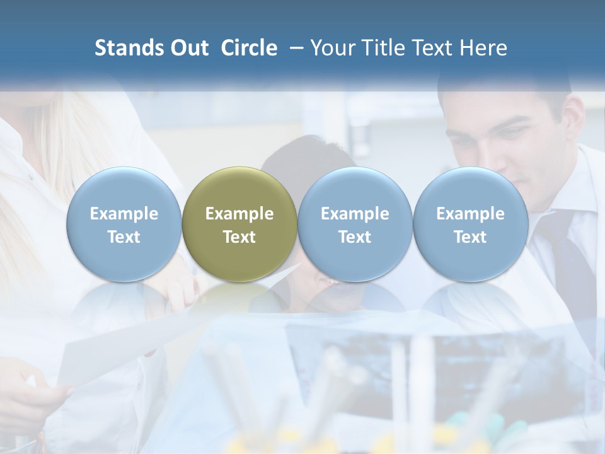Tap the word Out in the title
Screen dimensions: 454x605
pyautogui.click(x=188, y=48)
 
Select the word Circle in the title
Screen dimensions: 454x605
pyautogui.click(x=249, y=48)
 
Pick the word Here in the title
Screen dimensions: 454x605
pyautogui.click(x=484, y=48)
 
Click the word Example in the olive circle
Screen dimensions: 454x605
pyautogui.click(x=239, y=214)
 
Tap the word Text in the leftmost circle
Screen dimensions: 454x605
pyautogui.click(x=124, y=237)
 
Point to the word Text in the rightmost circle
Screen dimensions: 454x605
pyautogui.click(x=470, y=237)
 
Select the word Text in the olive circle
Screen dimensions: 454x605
pyautogui.click(x=239, y=237)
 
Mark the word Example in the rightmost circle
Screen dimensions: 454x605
pyautogui.click(x=470, y=214)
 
